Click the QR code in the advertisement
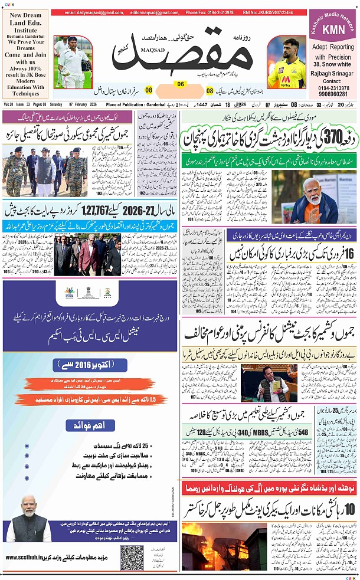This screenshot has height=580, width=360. pos(132,556)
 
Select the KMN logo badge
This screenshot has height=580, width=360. pos(333,30)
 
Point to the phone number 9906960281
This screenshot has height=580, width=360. pos(333,94)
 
